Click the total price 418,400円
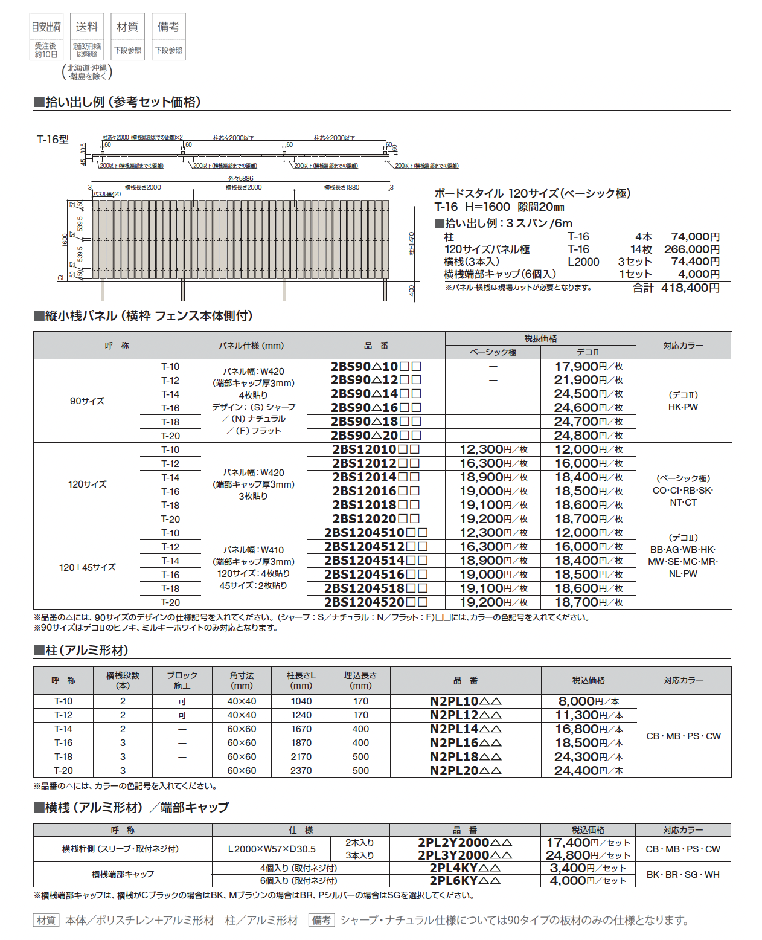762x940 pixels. click(x=690, y=288)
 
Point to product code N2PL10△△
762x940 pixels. click(x=466, y=701)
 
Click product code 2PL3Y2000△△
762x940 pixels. click(x=465, y=855)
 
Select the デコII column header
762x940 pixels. click(x=588, y=352)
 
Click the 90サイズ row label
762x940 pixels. click(x=87, y=401)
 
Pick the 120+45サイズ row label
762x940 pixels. click(x=87, y=567)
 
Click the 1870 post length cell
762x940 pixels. click(x=301, y=743)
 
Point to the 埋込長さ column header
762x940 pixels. click(x=360, y=680)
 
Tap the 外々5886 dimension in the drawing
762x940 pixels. click(x=240, y=179)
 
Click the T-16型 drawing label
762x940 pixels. click(x=53, y=140)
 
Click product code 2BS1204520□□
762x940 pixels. click(x=376, y=602)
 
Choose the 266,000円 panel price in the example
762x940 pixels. click(x=691, y=249)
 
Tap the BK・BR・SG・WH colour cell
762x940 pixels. click(x=683, y=875)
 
